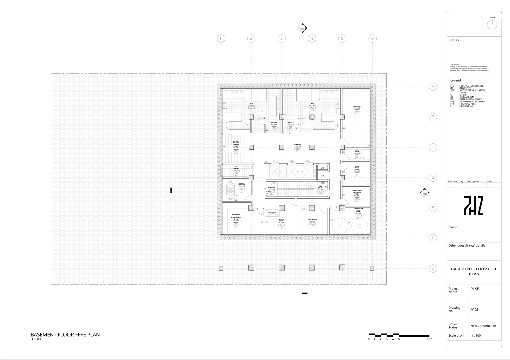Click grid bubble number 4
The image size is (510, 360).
[312, 38]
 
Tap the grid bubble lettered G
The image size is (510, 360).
[433, 268]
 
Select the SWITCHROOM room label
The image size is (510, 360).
[312, 220]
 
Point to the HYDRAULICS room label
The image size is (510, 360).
[357, 106]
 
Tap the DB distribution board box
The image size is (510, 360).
[322, 168]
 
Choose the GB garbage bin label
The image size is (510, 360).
[322, 175]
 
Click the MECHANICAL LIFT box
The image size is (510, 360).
[272, 213]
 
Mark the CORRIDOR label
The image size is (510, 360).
[298, 145]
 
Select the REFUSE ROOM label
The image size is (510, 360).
[281, 220]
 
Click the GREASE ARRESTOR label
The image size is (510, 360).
[242, 184]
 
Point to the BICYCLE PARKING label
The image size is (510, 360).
[236, 144]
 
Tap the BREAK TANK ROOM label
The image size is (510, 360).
[357, 168]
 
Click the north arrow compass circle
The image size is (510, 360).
[492, 24]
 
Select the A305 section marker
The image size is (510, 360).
[302, 28]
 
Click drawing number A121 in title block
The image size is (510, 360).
[474, 310]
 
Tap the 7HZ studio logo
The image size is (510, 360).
[474, 205]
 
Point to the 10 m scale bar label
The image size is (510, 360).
[429, 339]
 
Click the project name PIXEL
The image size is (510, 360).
[476, 289]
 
